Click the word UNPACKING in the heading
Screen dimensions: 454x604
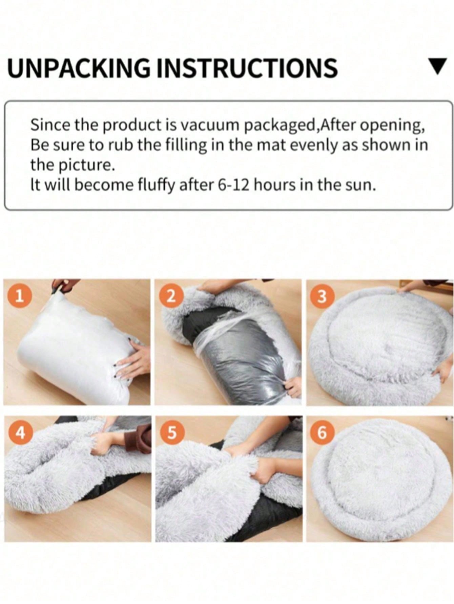point(79,68)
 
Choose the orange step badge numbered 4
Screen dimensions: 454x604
point(21,433)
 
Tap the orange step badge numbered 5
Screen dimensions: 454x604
point(172,433)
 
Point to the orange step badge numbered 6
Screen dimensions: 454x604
point(322,433)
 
